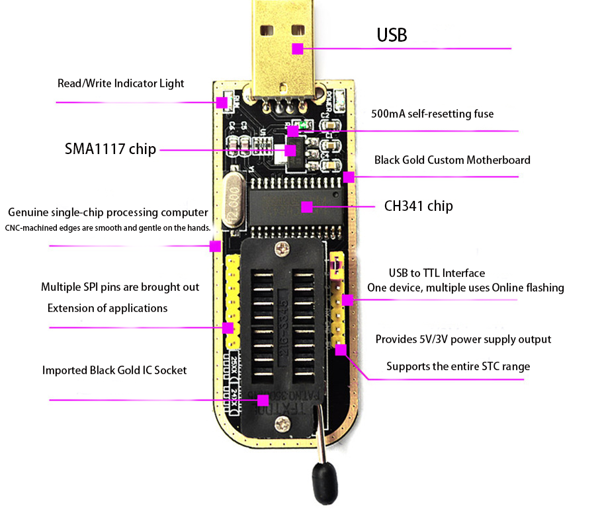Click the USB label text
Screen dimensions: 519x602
pos(392,35)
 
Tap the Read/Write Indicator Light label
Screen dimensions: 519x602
pos(120,83)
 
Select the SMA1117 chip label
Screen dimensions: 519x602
pos(110,149)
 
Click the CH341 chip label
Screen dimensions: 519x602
pos(418,206)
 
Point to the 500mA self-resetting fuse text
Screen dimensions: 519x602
pos(433,114)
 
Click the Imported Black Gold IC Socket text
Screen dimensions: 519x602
pos(114,370)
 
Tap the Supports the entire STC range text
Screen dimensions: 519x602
pos(458,366)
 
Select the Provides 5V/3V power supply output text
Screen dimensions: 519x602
pos(463,339)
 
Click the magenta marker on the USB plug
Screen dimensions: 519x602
pos(298,48)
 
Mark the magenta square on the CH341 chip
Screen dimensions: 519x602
pos(306,207)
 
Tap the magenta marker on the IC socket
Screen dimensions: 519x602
pos(263,400)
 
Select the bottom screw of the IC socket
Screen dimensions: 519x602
pos(285,421)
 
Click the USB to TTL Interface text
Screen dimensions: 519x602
pos(437,273)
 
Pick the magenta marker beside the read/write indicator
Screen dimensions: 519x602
pos(222,102)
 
